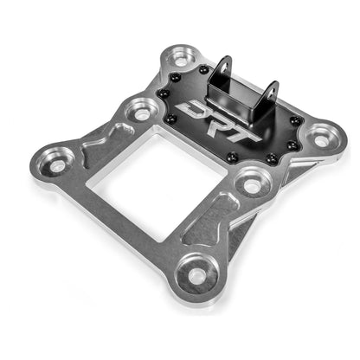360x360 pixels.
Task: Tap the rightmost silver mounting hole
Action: coord(323,135)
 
